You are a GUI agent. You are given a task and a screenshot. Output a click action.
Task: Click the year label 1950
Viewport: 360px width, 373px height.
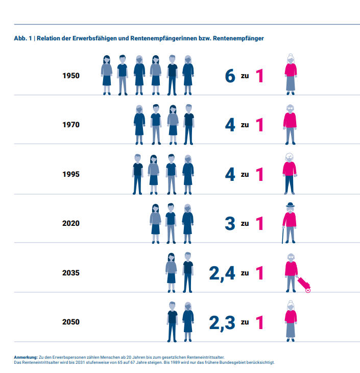pos(71,76)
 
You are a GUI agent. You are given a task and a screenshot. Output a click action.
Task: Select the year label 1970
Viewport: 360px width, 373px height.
pos(71,125)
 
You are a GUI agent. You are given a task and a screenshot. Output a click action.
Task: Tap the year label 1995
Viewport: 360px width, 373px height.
pos(71,174)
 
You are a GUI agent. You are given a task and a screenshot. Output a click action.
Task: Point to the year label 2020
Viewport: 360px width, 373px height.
pos(71,223)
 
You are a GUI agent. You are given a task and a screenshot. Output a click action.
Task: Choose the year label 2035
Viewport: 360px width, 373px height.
pos(71,273)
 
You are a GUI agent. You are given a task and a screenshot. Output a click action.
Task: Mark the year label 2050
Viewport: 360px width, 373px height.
pos(71,322)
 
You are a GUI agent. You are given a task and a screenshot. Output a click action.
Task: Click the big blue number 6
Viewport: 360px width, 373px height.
pos(230,76)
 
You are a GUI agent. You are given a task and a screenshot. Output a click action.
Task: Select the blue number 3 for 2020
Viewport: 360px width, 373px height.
pos(230,224)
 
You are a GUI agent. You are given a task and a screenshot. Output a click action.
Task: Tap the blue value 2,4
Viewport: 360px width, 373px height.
pos(222,273)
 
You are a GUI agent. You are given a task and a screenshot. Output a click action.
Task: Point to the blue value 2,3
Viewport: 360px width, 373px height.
pos(222,322)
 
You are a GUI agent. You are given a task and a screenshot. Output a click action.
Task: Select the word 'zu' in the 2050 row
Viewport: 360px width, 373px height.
pos(245,322)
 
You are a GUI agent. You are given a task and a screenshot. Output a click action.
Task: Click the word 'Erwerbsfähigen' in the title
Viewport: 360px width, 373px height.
pos(98,38)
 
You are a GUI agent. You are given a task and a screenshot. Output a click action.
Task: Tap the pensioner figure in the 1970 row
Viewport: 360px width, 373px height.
pos(290,124)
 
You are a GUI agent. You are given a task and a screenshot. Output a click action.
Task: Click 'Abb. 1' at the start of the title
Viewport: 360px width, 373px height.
pos(22,38)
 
